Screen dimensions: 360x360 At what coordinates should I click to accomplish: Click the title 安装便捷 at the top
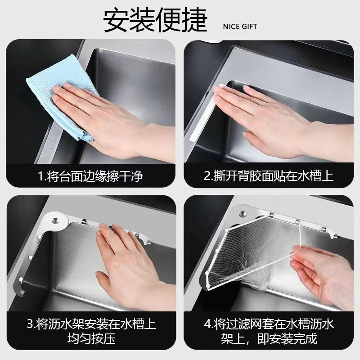[x=155, y=20]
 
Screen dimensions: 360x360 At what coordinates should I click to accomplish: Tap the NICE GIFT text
[x=240, y=27]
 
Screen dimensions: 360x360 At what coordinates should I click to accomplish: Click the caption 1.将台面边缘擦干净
[x=90, y=176]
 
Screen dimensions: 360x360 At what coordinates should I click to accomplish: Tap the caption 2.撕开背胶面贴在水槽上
[x=268, y=176]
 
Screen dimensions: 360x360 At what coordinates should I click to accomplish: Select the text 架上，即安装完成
[x=269, y=339]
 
